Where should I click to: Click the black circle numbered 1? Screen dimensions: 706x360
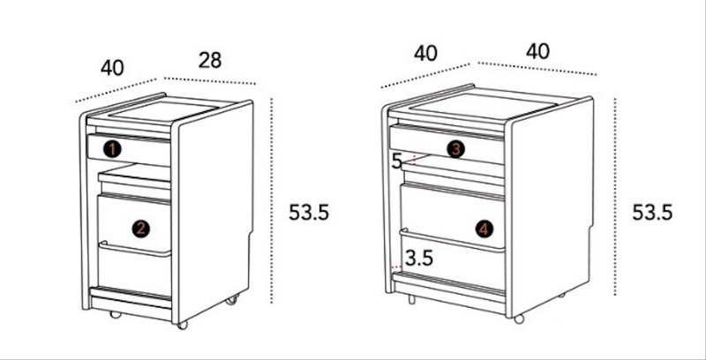tap(112, 149)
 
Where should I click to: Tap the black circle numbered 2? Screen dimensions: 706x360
tap(141, 229)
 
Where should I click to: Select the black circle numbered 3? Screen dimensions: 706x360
tap(455, 149)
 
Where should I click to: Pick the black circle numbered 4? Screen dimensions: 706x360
tap(484, 229)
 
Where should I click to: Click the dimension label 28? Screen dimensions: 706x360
tap(210, 60)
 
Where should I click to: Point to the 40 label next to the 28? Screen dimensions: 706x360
tap(112, 68)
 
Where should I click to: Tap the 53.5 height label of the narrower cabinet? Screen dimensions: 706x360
tap(309, 213)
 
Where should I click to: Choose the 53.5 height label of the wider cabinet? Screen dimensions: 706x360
tap(652, 213)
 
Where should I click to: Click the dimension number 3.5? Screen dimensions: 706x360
tap(418, 259)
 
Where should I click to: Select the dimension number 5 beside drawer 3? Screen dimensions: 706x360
tap(396, 161)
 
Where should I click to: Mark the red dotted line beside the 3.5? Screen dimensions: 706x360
tap(395, 267)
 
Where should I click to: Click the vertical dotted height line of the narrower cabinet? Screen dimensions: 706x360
tap(272, 200)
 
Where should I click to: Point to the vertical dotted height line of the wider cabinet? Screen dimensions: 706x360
tap(615, 197)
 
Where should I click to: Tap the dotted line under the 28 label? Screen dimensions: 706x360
tap(210, 81)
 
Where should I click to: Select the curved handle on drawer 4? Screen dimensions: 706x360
tap(452, 241)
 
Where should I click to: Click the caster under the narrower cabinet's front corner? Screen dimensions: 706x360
tap(183, 325)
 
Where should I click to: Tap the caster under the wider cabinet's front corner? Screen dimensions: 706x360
tap(519, 319)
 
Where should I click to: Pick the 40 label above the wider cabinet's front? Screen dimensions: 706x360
tap(425, 54)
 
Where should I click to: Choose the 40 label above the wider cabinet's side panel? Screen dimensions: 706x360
tap(537, 51)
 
